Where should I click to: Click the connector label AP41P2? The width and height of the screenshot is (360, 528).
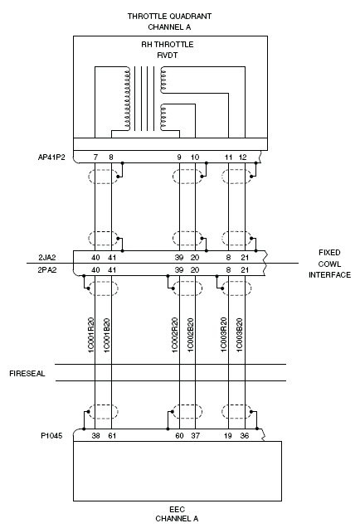tap(51, 157)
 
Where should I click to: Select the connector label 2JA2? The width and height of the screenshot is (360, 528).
tap(47, 258)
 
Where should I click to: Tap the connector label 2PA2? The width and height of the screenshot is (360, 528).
tap(47, 270)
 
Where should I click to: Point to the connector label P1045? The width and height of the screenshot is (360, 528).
tap(51, 436)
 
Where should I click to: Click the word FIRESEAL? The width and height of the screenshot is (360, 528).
tap(27, 374)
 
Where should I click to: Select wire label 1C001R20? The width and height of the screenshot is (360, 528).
tap(91, 335)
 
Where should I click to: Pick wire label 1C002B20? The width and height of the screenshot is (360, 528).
tap(191, 335)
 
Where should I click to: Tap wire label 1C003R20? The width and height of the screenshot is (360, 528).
tap(223, 335)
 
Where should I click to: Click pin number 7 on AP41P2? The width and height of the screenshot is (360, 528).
tap(95, 157)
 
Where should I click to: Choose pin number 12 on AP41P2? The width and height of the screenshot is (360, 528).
tap(243, 157)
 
